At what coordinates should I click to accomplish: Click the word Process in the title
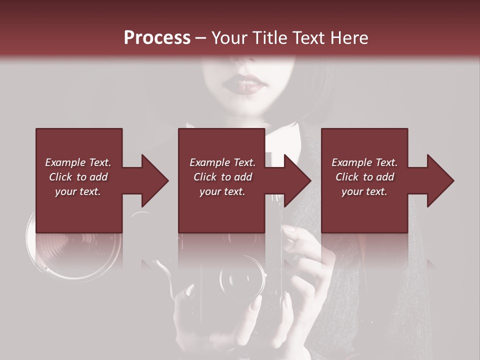(x=157, y=38)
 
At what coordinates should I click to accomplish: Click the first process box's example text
(x=78, y=177)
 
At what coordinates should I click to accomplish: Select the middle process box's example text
(x=222, y=177)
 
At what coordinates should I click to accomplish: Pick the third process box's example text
(x=364, y=177)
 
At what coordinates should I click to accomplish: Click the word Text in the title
(x=308, y=38)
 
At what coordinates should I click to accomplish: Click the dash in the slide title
(x=200, y=38)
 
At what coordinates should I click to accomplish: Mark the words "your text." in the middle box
(x=222, y=191)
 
